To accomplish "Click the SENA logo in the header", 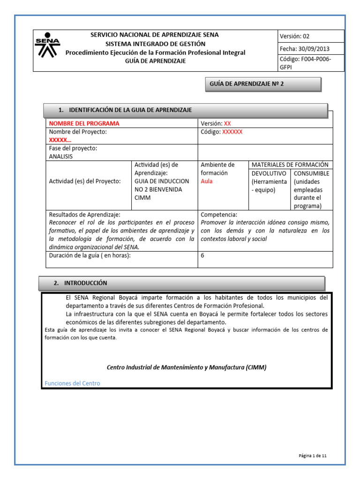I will (x=47, y=45).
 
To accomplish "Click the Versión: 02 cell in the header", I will (x=294, y=37).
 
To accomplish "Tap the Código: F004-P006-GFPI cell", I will (x=305, y=63).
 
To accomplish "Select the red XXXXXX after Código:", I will (x=232, y=132).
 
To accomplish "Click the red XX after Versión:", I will (x=227, y=123).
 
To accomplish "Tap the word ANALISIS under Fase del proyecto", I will (x=61, y=157).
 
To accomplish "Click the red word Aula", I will (x=206, y=181).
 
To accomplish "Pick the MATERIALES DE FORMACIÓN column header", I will (x=290, y=165).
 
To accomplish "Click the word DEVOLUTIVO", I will (x=269, y=173).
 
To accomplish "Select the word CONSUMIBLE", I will (x=311, y=173).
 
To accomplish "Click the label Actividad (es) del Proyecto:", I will (x=85, y=181).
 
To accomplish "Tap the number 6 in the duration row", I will (x=202, y=256).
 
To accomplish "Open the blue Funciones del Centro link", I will (x=72, y=383).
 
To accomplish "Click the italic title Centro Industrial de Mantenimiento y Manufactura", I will (x=187, y=367).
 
